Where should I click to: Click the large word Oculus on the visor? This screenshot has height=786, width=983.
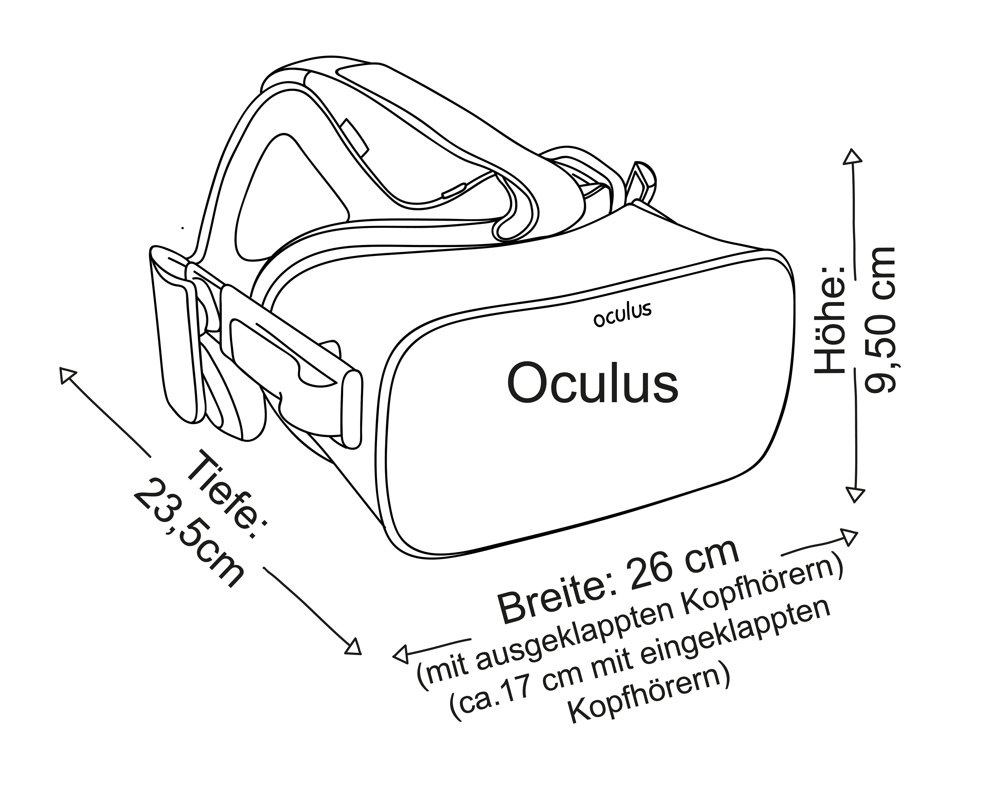592,383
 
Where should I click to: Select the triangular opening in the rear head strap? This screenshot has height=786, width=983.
287,196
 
